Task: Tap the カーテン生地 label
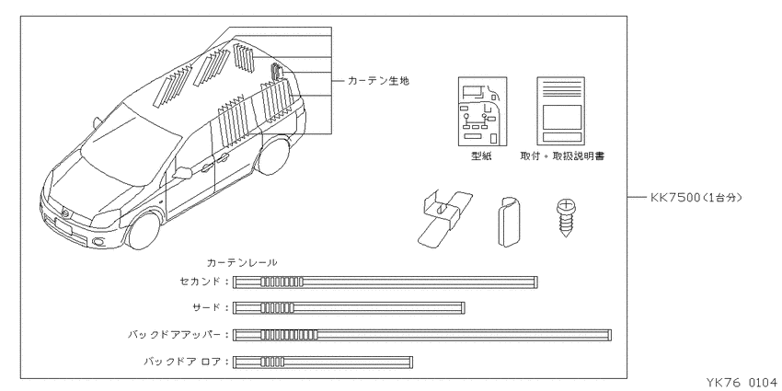point(378,81)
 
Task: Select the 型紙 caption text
point(481,156)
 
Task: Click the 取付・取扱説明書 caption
point(562,156)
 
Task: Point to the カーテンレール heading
point(242,262)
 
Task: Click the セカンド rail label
point(200,282)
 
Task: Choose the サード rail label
point(206,307)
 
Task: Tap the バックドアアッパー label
point(174,335)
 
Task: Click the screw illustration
point(565,218)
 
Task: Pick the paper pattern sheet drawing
point(482,111)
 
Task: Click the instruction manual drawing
point(560,111)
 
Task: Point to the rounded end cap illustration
point(510,222)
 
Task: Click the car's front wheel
point(144,231)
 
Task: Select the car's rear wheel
point(272,156)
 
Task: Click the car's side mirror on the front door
point(183,173)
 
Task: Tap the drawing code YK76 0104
point(741,383)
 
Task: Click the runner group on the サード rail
point(277,307)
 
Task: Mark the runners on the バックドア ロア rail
point(272,362)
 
